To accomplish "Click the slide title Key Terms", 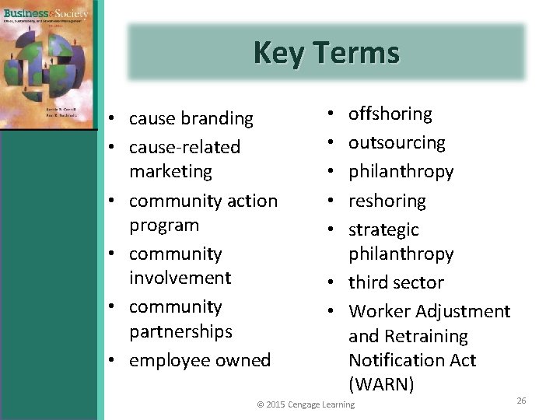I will click(326, 53).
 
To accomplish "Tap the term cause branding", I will click(191, 118).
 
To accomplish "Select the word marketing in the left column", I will click(170, 170).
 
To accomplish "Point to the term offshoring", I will click(390, 114).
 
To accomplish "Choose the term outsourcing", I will click(397, 142).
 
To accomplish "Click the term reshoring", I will click(387, 201).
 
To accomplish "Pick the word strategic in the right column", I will click(383, 229).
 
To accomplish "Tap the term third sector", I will click(396, 282).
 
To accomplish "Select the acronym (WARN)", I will click(381, 384).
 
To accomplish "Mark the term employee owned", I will click(200, 360).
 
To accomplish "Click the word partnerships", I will click(180, 331).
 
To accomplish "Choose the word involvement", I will click(180, 278).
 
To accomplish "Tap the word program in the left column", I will click(163, 225).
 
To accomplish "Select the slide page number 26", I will click(521, 400).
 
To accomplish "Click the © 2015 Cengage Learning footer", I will click(306, 404).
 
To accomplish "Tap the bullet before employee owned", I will click(113, 361).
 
